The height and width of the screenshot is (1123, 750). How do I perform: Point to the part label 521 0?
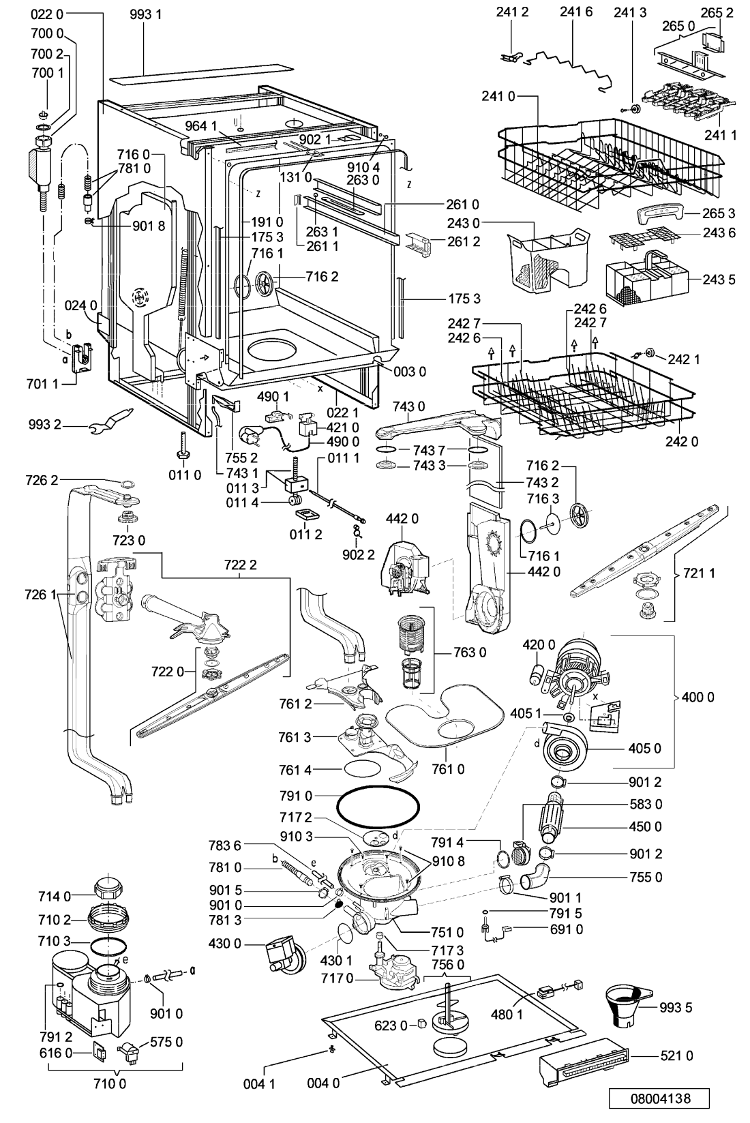click(x=676, y=1055)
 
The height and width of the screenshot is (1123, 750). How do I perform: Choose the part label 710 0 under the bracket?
click(x=108, y=1083)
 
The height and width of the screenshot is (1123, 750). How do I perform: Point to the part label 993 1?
click(x=145, y=14)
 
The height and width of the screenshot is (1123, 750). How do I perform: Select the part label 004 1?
click(x=258, y=1083)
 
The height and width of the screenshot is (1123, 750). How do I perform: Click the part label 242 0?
click(x=682, y=441)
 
